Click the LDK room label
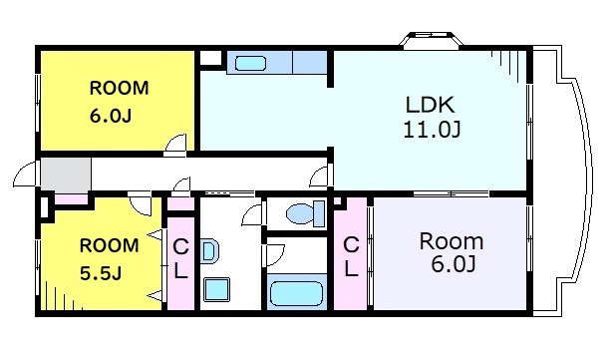[431, 105]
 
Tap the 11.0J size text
[432, 130]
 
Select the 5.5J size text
[101, 273]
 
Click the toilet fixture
[305, 214]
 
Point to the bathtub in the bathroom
[297, 293]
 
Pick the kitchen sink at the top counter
[250, 63]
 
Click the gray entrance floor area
[66, 176]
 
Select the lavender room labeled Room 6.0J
[450, 253]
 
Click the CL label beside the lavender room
[351, 256]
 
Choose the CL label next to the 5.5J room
[180, 258]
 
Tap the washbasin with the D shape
[209, 251]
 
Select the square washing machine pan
[217, 289]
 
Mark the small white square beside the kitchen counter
[210, 58]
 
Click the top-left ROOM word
[120, 88]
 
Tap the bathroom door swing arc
[276, 256]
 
